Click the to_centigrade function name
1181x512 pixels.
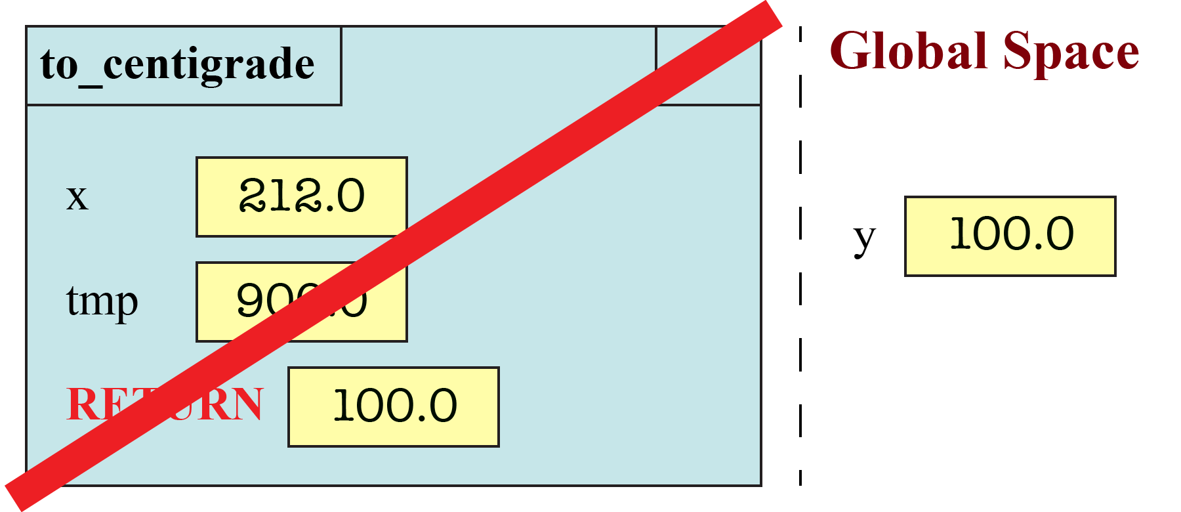point(177,64)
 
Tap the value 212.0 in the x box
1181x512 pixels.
point(301,196)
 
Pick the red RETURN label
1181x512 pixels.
point(164,404)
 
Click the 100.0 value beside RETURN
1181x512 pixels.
point(394,406)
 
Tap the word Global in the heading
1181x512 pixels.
point(909,51)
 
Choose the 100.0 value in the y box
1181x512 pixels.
point(1011,234)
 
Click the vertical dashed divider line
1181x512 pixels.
point(800,263)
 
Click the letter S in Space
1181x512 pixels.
point(1021,51)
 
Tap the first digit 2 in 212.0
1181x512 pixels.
point(252,196)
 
